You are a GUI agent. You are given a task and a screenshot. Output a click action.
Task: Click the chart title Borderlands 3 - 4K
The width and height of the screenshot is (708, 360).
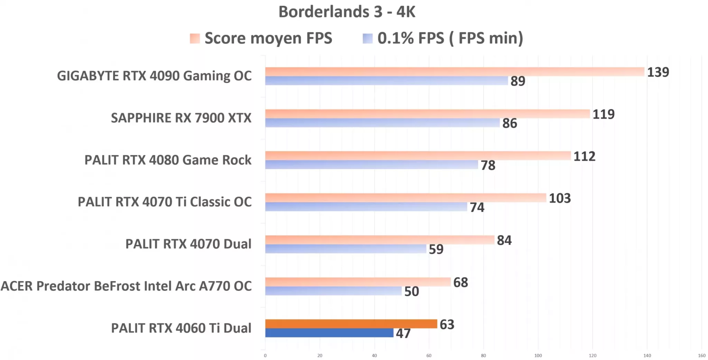pyautogui.click(x=346, y=12)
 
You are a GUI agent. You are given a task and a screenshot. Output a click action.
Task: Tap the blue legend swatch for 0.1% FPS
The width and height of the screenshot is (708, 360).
pyautogui.click(x=367, y=38)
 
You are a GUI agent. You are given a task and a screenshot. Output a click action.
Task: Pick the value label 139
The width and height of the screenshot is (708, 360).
pyautogui.click(x=658, y=72)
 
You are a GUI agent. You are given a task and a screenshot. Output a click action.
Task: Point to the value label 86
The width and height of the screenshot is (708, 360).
pyautogui.click(x=509, y=123)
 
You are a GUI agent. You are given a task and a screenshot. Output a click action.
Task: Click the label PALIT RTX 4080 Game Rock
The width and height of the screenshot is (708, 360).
pyautogui.click(x=168, y=160)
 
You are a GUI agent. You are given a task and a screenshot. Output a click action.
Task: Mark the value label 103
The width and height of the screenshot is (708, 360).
pyautogui.click(x=559, y=198)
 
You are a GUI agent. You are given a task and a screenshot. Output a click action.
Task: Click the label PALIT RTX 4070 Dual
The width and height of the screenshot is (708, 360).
pyautogui.click(x=188, y=244)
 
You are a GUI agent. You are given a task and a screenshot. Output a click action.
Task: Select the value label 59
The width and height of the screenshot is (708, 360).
pyautogui.click(x=436, y=249)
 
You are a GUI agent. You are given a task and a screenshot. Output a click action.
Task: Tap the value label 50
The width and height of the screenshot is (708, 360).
pyautogui.click(x=411, y=291)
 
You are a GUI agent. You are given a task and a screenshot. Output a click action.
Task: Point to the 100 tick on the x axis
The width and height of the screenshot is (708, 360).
pyautogui.click(x=538, y=356)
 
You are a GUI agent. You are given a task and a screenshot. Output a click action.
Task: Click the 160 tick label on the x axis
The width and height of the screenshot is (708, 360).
pyautogui.click(x=701, y=356)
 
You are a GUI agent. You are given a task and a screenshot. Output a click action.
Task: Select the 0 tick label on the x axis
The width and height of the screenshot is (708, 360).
pyautogui.click(x=265, y=356)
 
